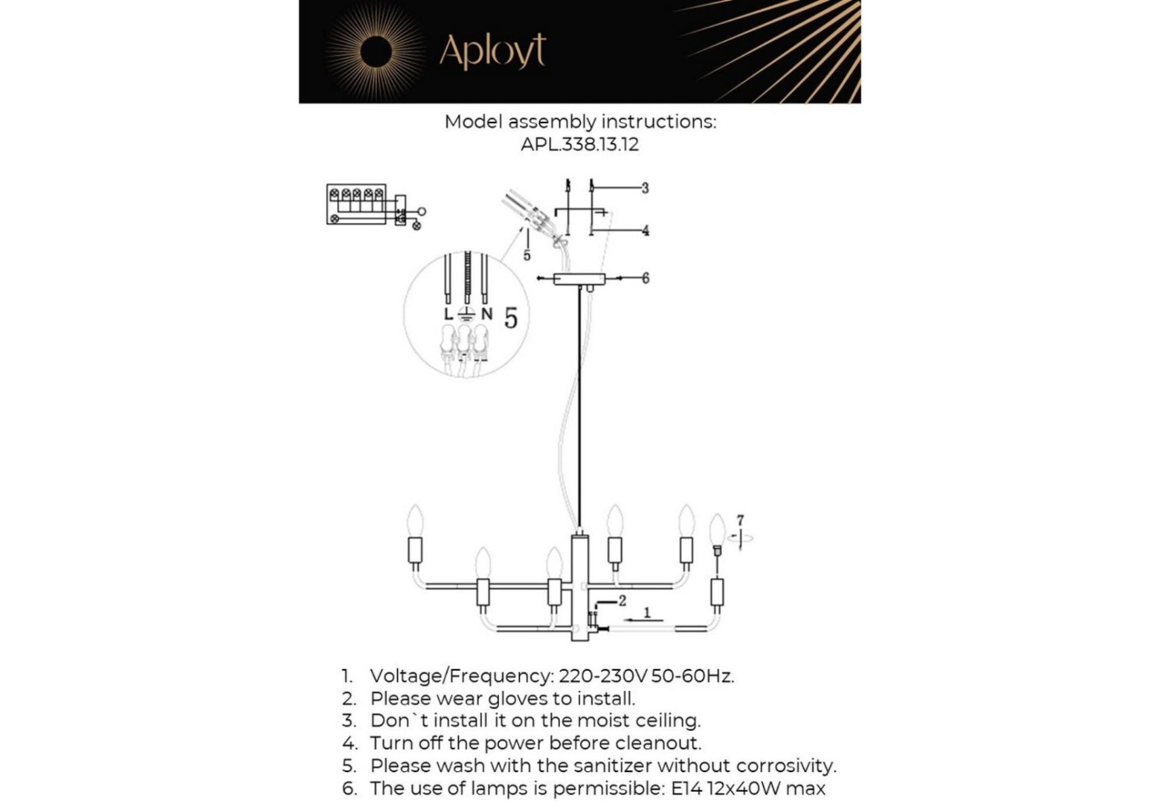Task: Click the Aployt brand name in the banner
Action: [492, 51]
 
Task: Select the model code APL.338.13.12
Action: [579, 144]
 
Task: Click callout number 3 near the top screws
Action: [645, 187]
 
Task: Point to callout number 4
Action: [646, 230]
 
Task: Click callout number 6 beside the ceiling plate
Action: [646, 277]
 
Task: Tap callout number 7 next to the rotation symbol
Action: [740, 520]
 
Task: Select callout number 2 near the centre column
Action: [622, 600]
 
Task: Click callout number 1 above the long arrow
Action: [647, 612]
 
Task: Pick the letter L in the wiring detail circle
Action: [448, 314]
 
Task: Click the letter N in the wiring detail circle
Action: [487, 314]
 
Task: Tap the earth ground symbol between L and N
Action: [466, 314]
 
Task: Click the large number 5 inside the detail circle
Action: [511, 318]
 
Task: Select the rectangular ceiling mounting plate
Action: [579, 278]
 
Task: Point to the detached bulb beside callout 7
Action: [717, 531]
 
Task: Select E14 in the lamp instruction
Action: [686, 788]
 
